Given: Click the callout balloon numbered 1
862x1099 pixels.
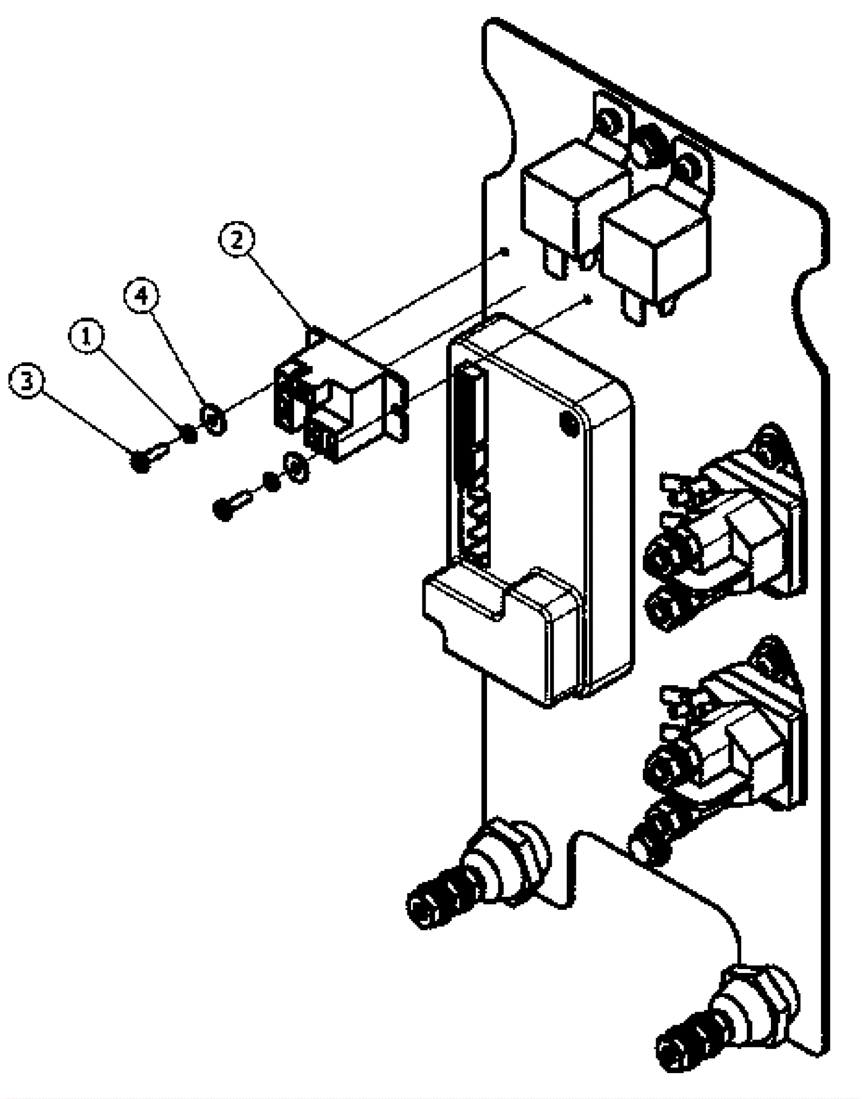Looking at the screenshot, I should pyautogui.click(x=86, y=337).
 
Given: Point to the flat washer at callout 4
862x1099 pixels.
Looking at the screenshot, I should pyautogui.click(x=214, y=419).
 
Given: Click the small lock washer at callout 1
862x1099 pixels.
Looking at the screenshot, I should pyautogui.click(x=189, y=433).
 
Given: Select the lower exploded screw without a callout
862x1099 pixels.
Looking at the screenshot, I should pyautogui.click(x=229, y=505).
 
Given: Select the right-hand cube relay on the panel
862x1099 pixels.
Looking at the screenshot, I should pyautogui.click(x=655, y=251).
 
